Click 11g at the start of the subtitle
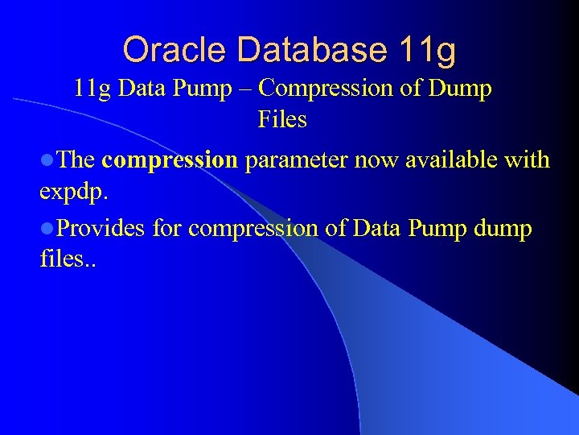tap(92, 88)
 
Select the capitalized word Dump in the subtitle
tap(459, 88)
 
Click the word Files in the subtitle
tap(282, 120)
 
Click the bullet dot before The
tap(45, 160)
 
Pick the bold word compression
tap(170, 160)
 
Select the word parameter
tap(294, 160)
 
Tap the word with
tap(526, 160)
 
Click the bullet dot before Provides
tap(45, 229)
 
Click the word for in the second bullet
tap(166, 229)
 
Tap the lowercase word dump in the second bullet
tap(503, 229)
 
